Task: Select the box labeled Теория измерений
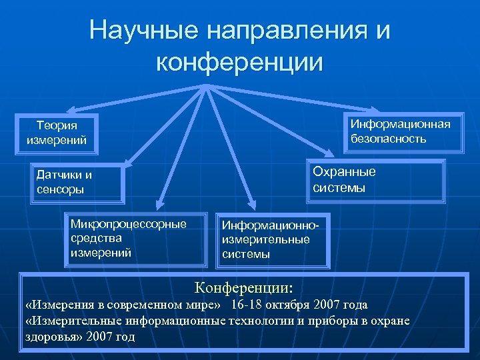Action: [57, 133]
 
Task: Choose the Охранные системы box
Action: [377, 179]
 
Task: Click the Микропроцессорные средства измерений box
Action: [135, 239]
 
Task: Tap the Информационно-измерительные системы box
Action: [274, 240]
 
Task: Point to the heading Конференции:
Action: [243, 288]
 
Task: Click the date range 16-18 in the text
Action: [248, 305]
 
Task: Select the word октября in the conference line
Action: [290, 305]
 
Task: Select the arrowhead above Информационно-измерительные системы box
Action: [251, 205]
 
